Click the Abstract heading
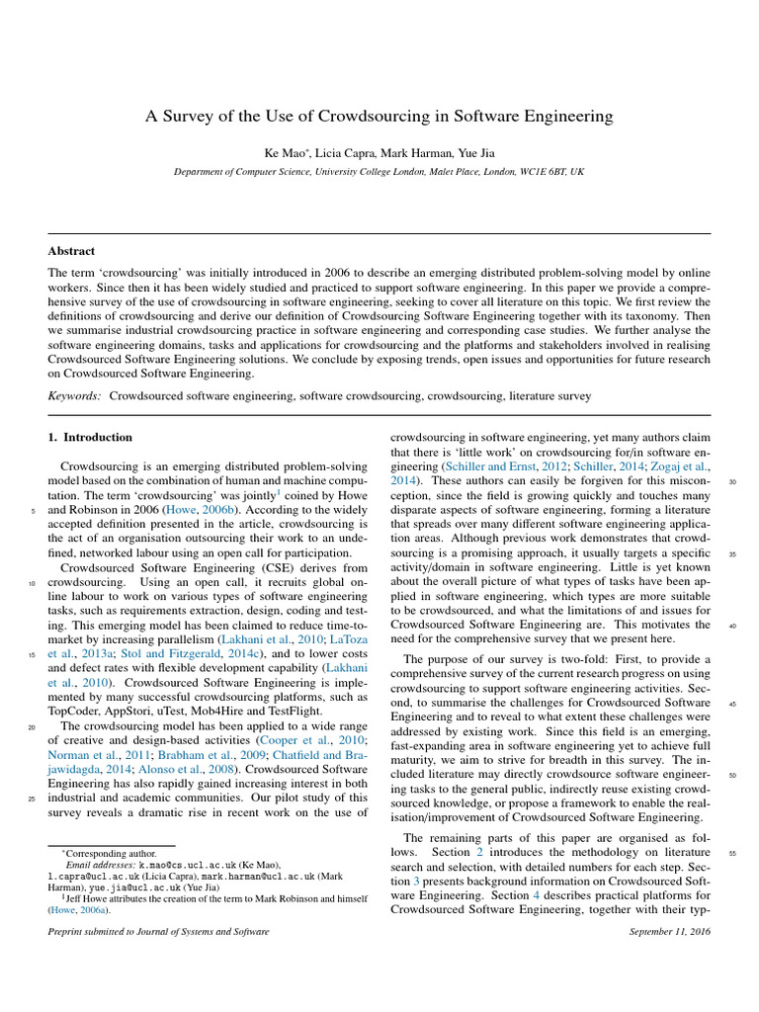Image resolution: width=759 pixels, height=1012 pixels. pos(71,251)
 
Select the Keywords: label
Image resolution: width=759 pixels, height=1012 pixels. pos(74,395)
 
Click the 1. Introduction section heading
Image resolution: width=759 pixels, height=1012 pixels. pos(90,437)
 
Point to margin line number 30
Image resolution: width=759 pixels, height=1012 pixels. pos(732,482)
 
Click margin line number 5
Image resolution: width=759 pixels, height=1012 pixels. pos(34,511)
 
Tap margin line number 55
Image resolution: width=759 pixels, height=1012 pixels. pos(732,853)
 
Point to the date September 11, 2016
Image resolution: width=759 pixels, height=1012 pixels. pos(669,932)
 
